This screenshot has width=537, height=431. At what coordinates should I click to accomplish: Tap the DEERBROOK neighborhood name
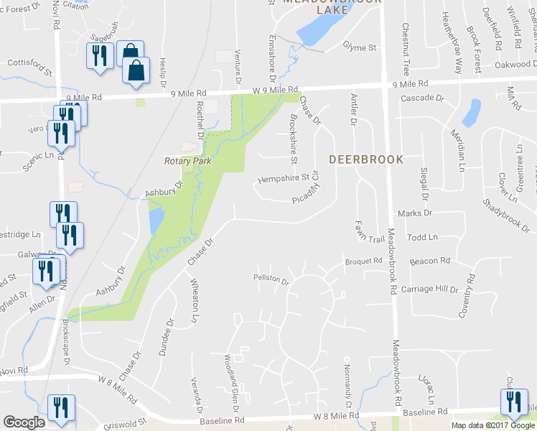[366, 159]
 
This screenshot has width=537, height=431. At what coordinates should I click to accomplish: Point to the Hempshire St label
[283, 177]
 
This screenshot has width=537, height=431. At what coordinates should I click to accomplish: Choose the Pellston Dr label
[270, 279]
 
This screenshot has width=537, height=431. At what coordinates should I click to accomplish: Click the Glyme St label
[360, 47]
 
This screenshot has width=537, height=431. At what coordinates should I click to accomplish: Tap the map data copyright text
[492, 425]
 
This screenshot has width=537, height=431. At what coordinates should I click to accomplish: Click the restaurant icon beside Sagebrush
[99, 56]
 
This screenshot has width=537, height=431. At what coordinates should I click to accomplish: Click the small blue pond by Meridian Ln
[472, 112]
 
